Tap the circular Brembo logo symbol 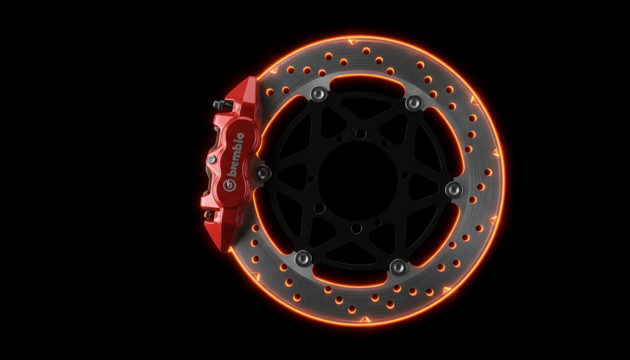tap(229, 186)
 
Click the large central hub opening tap(358, 180)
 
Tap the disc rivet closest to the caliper tap(263, 172)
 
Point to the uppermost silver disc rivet tap(319, 94)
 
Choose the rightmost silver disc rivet tap(454, 189)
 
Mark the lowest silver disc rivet tap(398, 267)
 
